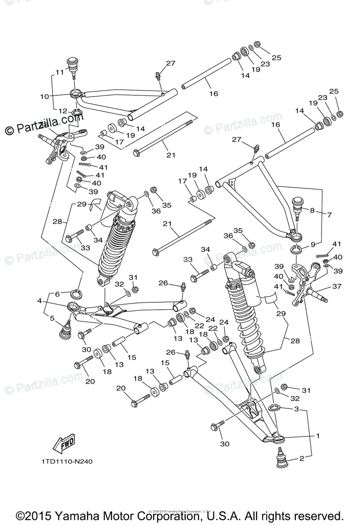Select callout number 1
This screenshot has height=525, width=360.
[x=318, y=436]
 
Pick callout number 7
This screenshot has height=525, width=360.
[x=329, y=215]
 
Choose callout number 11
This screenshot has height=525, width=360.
[x=59, y=72]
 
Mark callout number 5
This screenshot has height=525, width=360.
[x=52, y=318]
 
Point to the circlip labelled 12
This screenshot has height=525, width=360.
[x=77, y=115]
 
